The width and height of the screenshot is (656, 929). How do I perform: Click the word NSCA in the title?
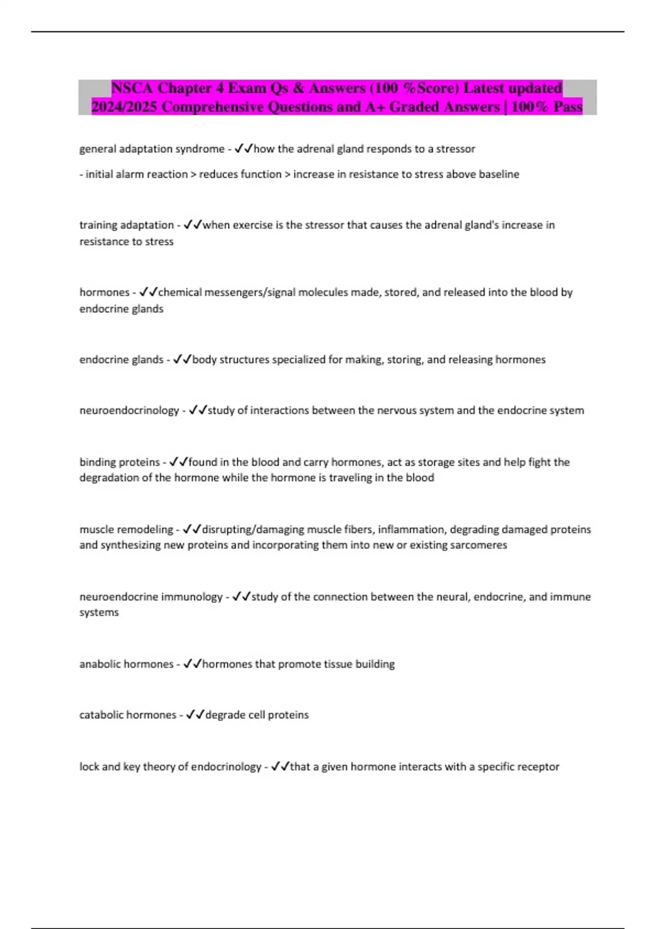132,88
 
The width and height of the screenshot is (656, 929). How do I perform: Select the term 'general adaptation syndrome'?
151,149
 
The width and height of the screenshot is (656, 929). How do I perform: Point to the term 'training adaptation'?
126,225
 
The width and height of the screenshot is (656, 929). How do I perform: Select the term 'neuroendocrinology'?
129,410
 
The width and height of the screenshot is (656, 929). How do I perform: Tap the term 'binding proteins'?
120,462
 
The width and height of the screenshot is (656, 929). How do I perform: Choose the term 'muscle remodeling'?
126,530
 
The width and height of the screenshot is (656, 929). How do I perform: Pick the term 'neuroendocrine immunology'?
151,597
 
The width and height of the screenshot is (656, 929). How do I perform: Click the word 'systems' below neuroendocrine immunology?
99,613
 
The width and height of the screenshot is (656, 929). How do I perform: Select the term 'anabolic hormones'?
126,664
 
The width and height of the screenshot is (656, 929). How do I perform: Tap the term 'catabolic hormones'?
128,715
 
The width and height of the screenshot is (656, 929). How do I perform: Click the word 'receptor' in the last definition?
539,767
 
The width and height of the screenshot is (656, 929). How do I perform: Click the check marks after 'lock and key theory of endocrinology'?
280,767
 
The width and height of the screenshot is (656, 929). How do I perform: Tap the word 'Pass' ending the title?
567,107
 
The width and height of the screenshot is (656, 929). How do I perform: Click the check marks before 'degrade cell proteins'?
195,715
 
